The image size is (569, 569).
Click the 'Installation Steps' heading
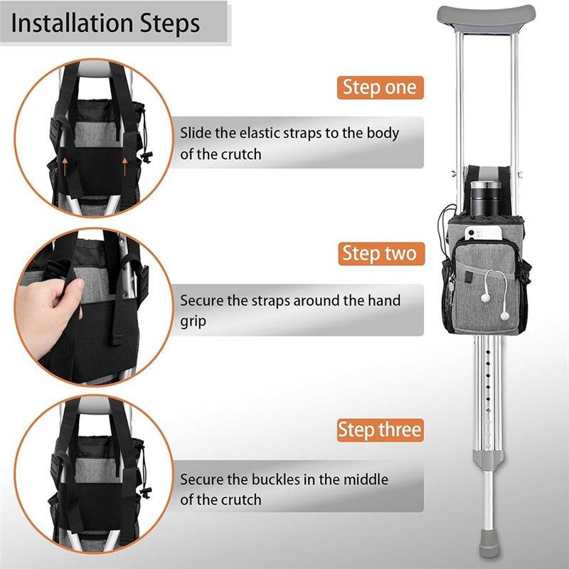click(105, 23)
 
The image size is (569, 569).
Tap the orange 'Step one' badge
click(381, 87)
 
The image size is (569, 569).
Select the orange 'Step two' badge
click(381, 253)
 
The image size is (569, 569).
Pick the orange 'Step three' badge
click(381, 430)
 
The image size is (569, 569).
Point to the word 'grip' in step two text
click(193, 322)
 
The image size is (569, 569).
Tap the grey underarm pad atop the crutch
click(486, 19)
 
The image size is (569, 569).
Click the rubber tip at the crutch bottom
click(489, 543)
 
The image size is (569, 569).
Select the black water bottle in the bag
click(486, 198)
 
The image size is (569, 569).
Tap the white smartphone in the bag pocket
click(484, 233)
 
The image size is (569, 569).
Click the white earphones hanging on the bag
click(496, 294)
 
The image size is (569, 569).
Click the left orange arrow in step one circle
click(65, 166)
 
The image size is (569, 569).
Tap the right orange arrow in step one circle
click(125, 166)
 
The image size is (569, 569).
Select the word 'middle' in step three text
click(366, 479)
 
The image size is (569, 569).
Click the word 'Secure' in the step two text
click(201, 301)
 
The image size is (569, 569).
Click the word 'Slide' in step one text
click(196, 133)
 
